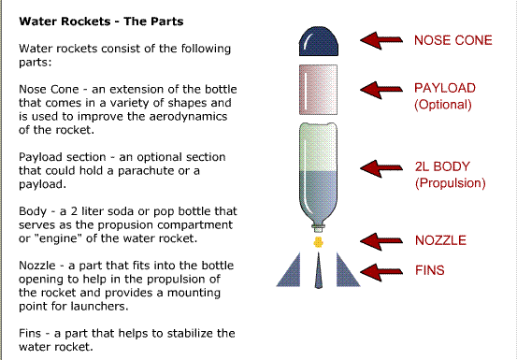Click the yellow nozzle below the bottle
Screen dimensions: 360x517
(x=320, y=241)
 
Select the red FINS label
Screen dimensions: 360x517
(x=431, y=272)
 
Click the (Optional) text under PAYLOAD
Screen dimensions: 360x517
(x=443, y=105)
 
